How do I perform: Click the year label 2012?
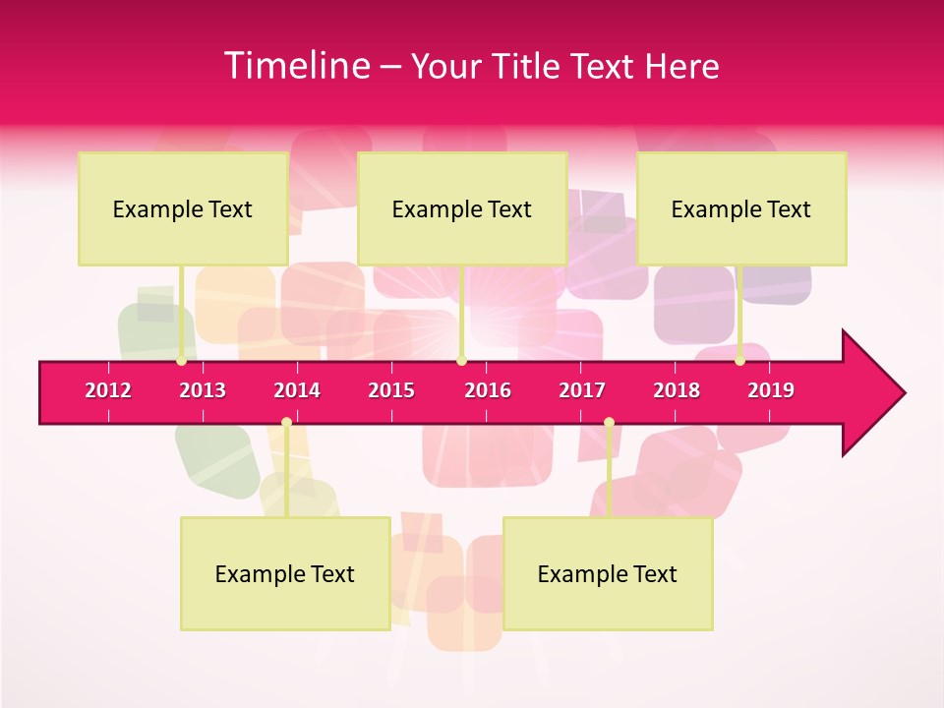click(108, 390)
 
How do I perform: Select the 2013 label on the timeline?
click(203, 390)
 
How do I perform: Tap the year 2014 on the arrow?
click(297, 390)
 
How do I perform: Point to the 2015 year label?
click(391, 390)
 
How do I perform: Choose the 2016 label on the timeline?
click(488, 390)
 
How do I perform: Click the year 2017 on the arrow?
click(582, 390)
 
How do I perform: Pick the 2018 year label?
click(677, 390)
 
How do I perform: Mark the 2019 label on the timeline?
click(771, 390)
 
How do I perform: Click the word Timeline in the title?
click(296, 66)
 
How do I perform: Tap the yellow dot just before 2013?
click(181, 361)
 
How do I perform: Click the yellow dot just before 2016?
click(461, 361)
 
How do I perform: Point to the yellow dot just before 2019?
click(739, 361)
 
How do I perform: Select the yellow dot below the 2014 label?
click(286, 423)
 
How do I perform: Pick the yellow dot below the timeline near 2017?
click(609, 423)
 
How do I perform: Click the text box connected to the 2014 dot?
click(285, 573)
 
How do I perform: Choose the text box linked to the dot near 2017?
click(608, 573)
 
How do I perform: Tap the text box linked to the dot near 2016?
click(462, 208)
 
